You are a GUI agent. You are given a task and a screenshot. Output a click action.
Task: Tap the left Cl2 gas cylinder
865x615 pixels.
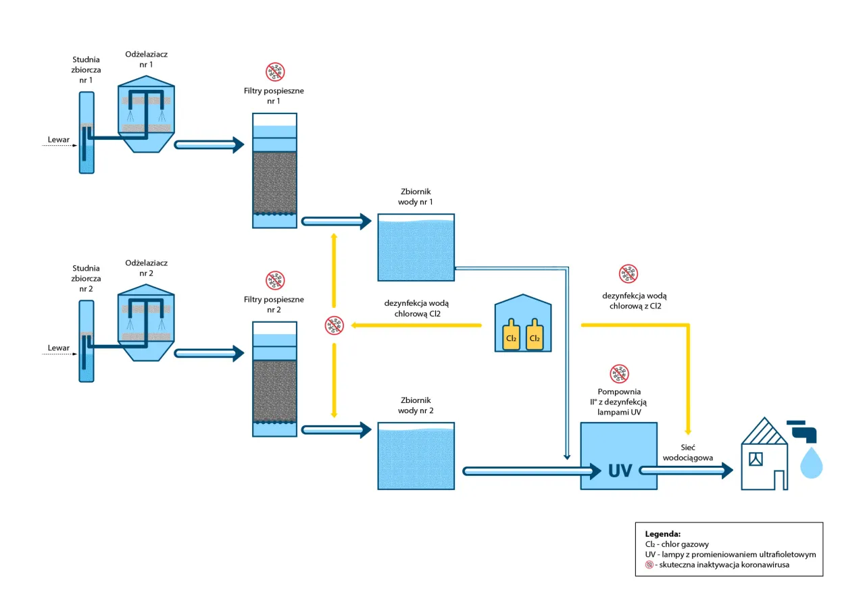(511, 335)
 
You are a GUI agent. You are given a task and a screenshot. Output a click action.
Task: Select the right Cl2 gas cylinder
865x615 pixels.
(535, 335)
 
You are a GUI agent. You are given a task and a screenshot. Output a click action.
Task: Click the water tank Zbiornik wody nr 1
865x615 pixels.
(416, 248)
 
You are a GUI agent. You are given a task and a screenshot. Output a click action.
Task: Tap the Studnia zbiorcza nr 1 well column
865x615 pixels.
(86, 132)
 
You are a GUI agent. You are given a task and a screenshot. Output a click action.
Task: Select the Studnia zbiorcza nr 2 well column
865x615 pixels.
(86, 341)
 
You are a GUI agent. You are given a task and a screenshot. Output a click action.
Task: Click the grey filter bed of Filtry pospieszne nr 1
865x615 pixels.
(274, 182)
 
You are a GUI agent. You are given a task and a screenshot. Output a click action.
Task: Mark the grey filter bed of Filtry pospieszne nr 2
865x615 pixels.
(274, 390)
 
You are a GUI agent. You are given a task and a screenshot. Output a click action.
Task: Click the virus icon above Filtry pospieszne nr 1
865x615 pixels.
(274, 72)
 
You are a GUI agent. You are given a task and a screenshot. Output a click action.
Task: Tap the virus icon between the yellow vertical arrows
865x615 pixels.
(334, 325)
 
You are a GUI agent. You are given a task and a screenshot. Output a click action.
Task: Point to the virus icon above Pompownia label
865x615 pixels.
(619, 373)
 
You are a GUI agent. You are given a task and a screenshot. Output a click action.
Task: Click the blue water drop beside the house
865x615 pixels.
(812, 464)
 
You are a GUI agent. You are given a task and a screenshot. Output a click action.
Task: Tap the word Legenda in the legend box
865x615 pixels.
(662, 533)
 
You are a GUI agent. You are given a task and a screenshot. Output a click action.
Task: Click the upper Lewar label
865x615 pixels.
(59, 140)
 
